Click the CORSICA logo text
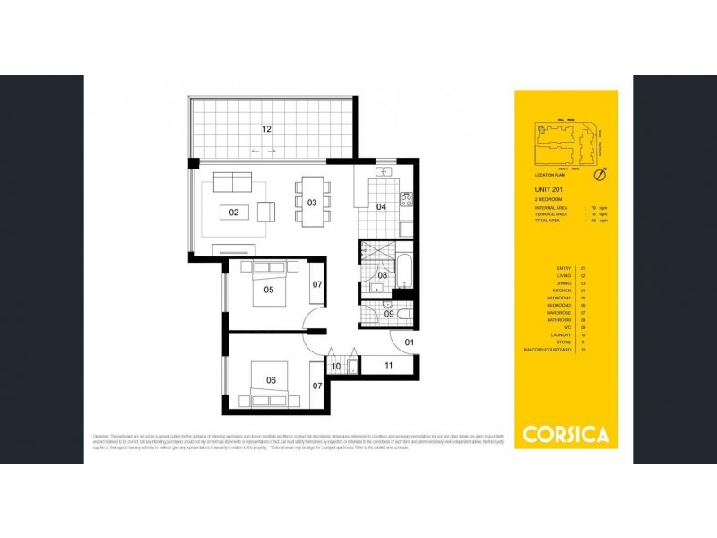pos(566,435)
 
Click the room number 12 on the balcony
pos(266,129)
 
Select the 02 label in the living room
pos(234,213)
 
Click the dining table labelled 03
pos(312,203)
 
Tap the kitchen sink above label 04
pos(384,170)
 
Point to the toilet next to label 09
pos(402,314)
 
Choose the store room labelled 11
pos(389,365)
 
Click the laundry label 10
pos(336,366)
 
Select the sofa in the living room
pos(232,182)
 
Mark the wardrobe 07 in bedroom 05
pos(317,285)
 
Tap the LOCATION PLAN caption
pos(549,175)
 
